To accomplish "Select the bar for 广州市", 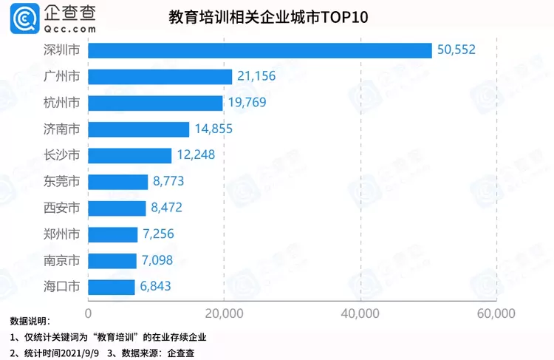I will tap(160, 77).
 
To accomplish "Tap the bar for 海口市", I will tap(112, 286).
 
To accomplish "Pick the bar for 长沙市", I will tap(130, 155).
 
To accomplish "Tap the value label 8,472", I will tap(172, 208).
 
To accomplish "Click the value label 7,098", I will tap(163, 260).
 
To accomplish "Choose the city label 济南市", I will tap(62, 129).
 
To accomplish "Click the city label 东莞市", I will tap(62, 182).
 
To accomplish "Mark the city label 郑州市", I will tap(62, 234).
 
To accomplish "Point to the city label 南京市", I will tap(62, 260).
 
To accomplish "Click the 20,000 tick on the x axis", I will tap(225, 313).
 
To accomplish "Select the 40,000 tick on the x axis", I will tap(360, 313).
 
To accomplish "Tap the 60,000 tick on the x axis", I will tap(495, 313).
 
